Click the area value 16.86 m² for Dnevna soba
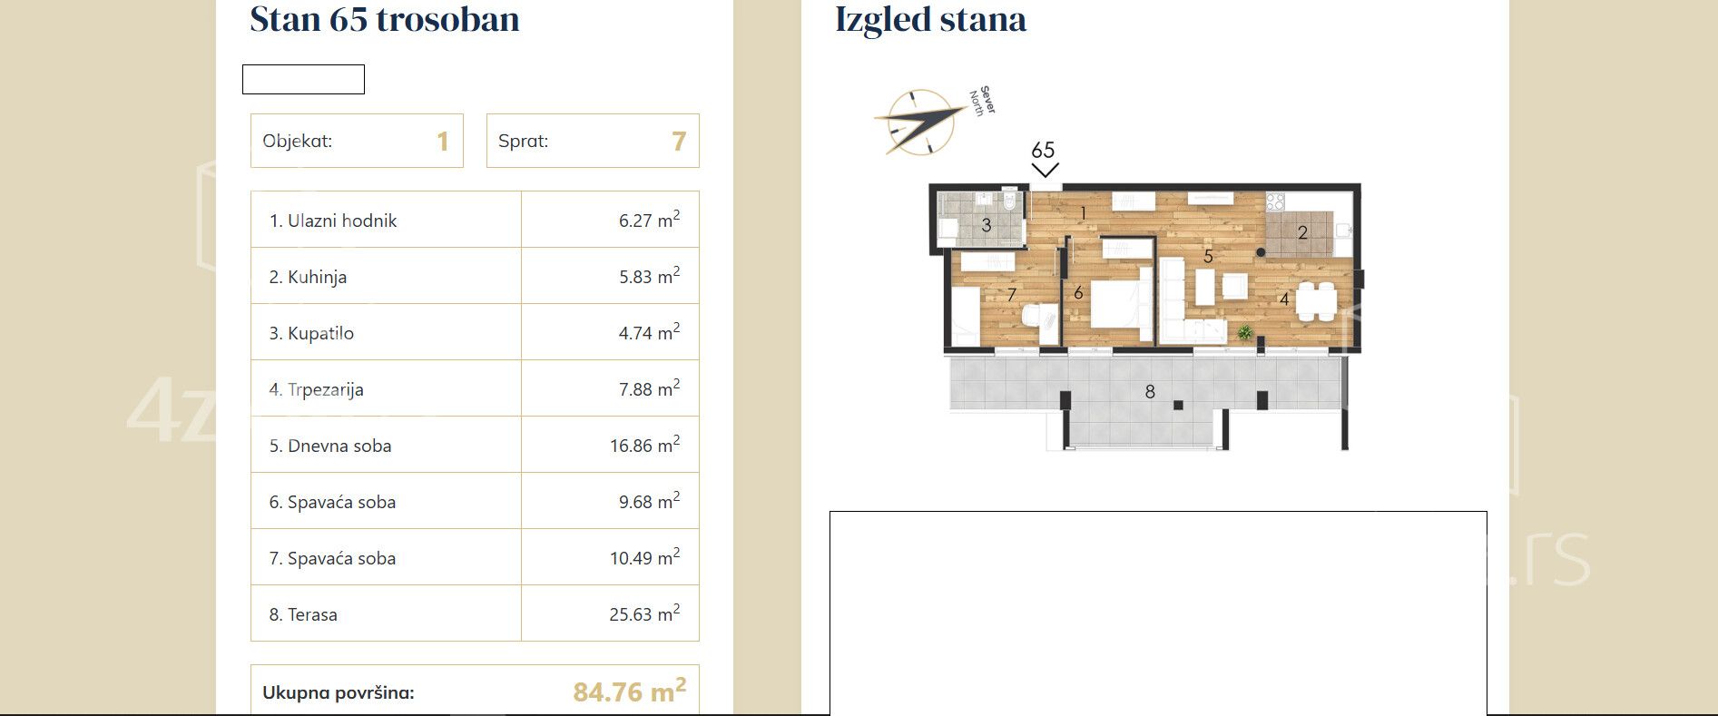point(644,445)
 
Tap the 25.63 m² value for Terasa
point(644,613)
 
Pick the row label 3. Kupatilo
point(311,333)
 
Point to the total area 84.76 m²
point(629,691)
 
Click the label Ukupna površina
point(339,692)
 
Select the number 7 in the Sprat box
point(678,142)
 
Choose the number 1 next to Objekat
point(443,142)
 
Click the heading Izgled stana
point(930,20)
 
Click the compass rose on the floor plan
point(920,122)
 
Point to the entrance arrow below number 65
point(1045,169)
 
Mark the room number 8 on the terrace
point(1150,392)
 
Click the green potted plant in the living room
point(1245,333)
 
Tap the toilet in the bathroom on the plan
point(1010,201)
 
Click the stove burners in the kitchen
point(1276,201)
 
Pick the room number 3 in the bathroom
point(987,225)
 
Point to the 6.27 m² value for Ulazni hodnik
point(649,220)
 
